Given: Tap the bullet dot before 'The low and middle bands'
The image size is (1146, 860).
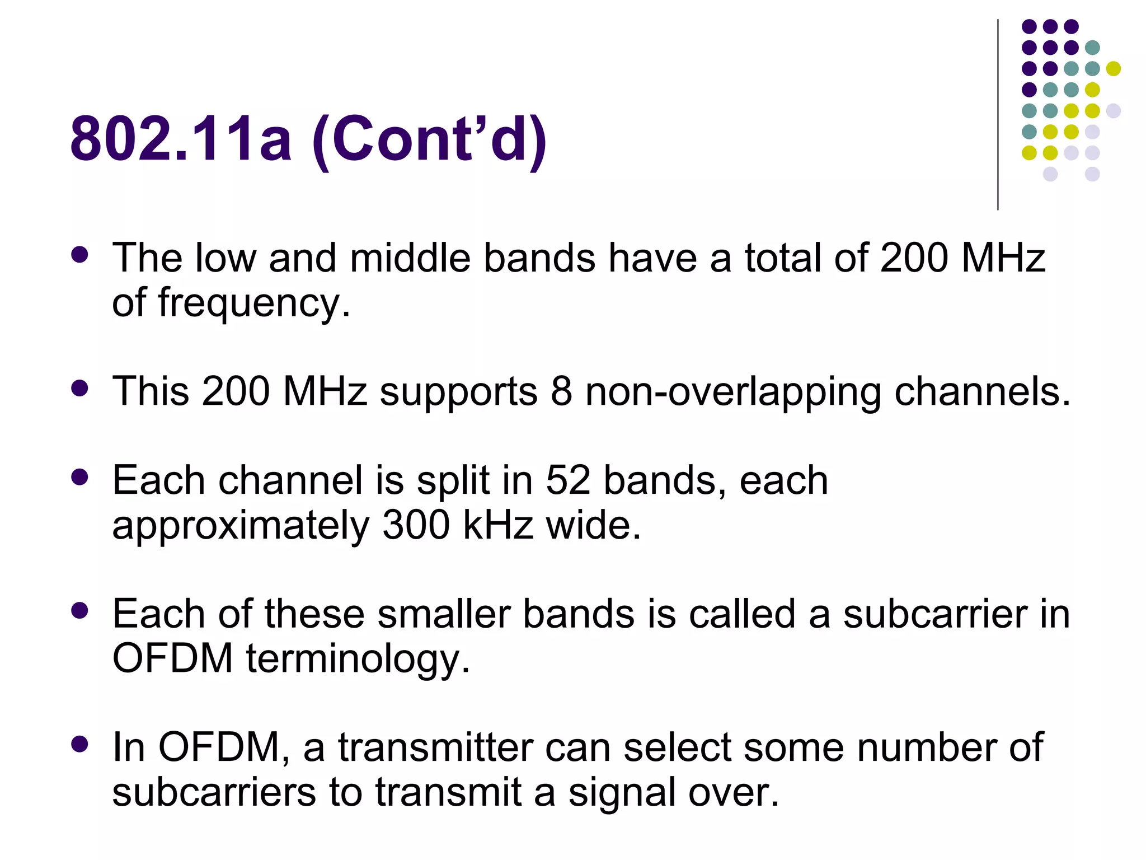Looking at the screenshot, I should point(80,255).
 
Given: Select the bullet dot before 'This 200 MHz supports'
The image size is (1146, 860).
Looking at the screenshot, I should point(80,388).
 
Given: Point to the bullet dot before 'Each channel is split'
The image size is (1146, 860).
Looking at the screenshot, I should point(80,477).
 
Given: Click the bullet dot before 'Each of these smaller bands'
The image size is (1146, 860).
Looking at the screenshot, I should point(80,610).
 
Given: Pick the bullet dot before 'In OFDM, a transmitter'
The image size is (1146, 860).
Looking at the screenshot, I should point(80,744).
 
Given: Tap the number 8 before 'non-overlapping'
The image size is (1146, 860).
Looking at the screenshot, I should point(561,391).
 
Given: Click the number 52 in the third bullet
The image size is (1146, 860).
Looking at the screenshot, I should point(568,480).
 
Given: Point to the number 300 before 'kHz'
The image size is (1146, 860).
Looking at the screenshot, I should point(416,525).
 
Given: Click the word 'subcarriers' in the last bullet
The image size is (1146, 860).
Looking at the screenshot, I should point(214,792).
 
